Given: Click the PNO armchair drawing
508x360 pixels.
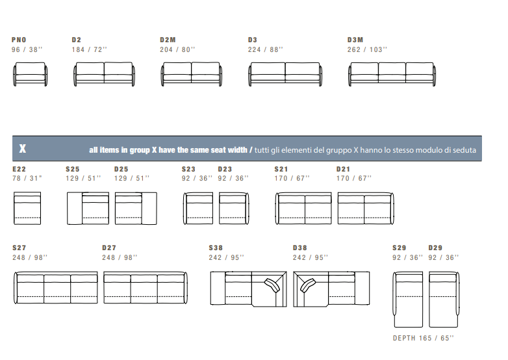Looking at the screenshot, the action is [x=30, y=74].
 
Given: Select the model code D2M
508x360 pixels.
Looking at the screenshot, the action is [x=168, y=40].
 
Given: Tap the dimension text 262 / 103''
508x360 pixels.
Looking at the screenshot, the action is [x=367, y=49].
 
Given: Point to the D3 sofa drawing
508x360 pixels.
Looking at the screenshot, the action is [x=285, y=74].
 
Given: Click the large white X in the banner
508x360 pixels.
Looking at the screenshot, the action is [x=22, y=148].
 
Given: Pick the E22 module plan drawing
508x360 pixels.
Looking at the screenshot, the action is [x=27, y=208].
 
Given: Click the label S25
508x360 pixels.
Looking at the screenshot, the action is [x=73, y=169].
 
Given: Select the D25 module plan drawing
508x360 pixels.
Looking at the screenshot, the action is [x=136, y=209].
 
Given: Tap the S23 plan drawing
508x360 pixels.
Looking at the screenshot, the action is [x=198, y=208].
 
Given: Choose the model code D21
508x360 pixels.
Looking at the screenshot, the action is [x=343, y=169].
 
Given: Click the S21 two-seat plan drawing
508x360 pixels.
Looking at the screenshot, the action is [x=303, y=208].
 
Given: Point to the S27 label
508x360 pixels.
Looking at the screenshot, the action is [x=19, y=248].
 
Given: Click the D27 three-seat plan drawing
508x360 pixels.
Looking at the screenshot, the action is [x=146, y=288].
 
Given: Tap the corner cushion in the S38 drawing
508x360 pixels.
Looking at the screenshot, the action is [x=272, y=285].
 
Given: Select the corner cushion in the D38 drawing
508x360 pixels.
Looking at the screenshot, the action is [x=307, y=285].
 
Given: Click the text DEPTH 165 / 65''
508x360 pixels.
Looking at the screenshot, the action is [x=424, y=338].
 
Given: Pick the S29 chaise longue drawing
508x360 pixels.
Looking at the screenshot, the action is [x=408, y=300].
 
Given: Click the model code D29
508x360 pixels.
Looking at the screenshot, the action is [x=435, y=248].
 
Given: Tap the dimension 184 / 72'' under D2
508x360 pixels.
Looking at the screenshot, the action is [x=90, y=49].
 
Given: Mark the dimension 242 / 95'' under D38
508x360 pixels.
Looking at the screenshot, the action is [x=311, y=257].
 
